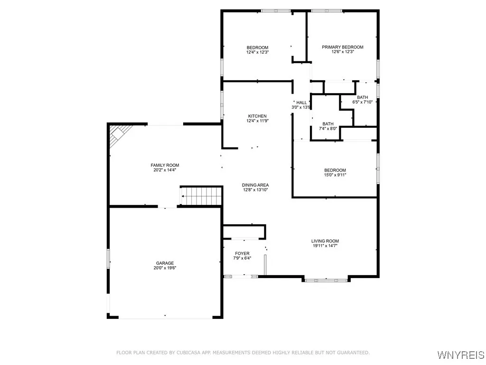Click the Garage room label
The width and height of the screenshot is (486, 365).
(165, 263)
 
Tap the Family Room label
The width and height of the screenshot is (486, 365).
(165, 165)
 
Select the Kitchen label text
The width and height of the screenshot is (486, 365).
(257, 116)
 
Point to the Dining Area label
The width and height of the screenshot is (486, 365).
(255, 185)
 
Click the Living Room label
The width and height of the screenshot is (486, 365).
(325, 241)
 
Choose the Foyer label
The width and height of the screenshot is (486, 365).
(242, 254)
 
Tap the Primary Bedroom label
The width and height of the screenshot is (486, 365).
(343, 47)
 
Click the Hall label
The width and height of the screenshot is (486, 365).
(301, 103)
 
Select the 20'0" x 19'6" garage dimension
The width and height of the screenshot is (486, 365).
(165, 268)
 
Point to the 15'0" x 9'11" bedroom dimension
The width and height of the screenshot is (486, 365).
(335, 175)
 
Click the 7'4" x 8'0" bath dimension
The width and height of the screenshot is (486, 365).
(328, 128)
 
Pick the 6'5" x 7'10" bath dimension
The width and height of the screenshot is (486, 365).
(362, 102)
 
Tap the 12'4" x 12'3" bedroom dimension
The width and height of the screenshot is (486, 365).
(257, 52)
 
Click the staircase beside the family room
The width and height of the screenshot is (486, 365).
(201, 196)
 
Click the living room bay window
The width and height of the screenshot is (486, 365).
(326, 280)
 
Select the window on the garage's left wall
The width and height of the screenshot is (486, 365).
(108, 259)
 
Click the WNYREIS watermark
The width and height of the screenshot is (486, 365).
(461, 355)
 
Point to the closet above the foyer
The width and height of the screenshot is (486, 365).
(243, 232)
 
